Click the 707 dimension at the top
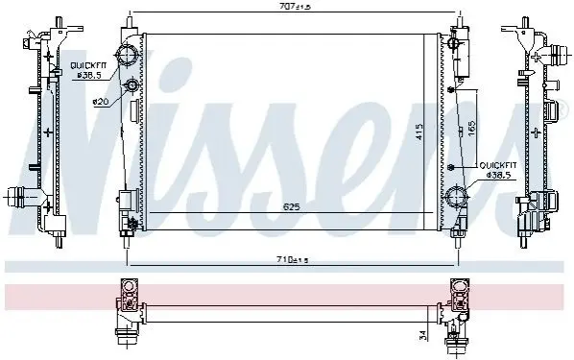[x=295, y=7]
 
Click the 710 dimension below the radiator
[x=293, y=260]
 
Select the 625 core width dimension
[x=292, y=207]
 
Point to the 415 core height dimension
[x=419, y=131]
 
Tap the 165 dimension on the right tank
[x=471, y=128]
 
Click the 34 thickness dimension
[x=422, y=335]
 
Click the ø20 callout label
[x=101, y=102]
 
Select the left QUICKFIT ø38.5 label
[x=88, y=71]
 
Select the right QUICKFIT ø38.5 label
[x=498, y=170]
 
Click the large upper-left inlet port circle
[x=127, y=56]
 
